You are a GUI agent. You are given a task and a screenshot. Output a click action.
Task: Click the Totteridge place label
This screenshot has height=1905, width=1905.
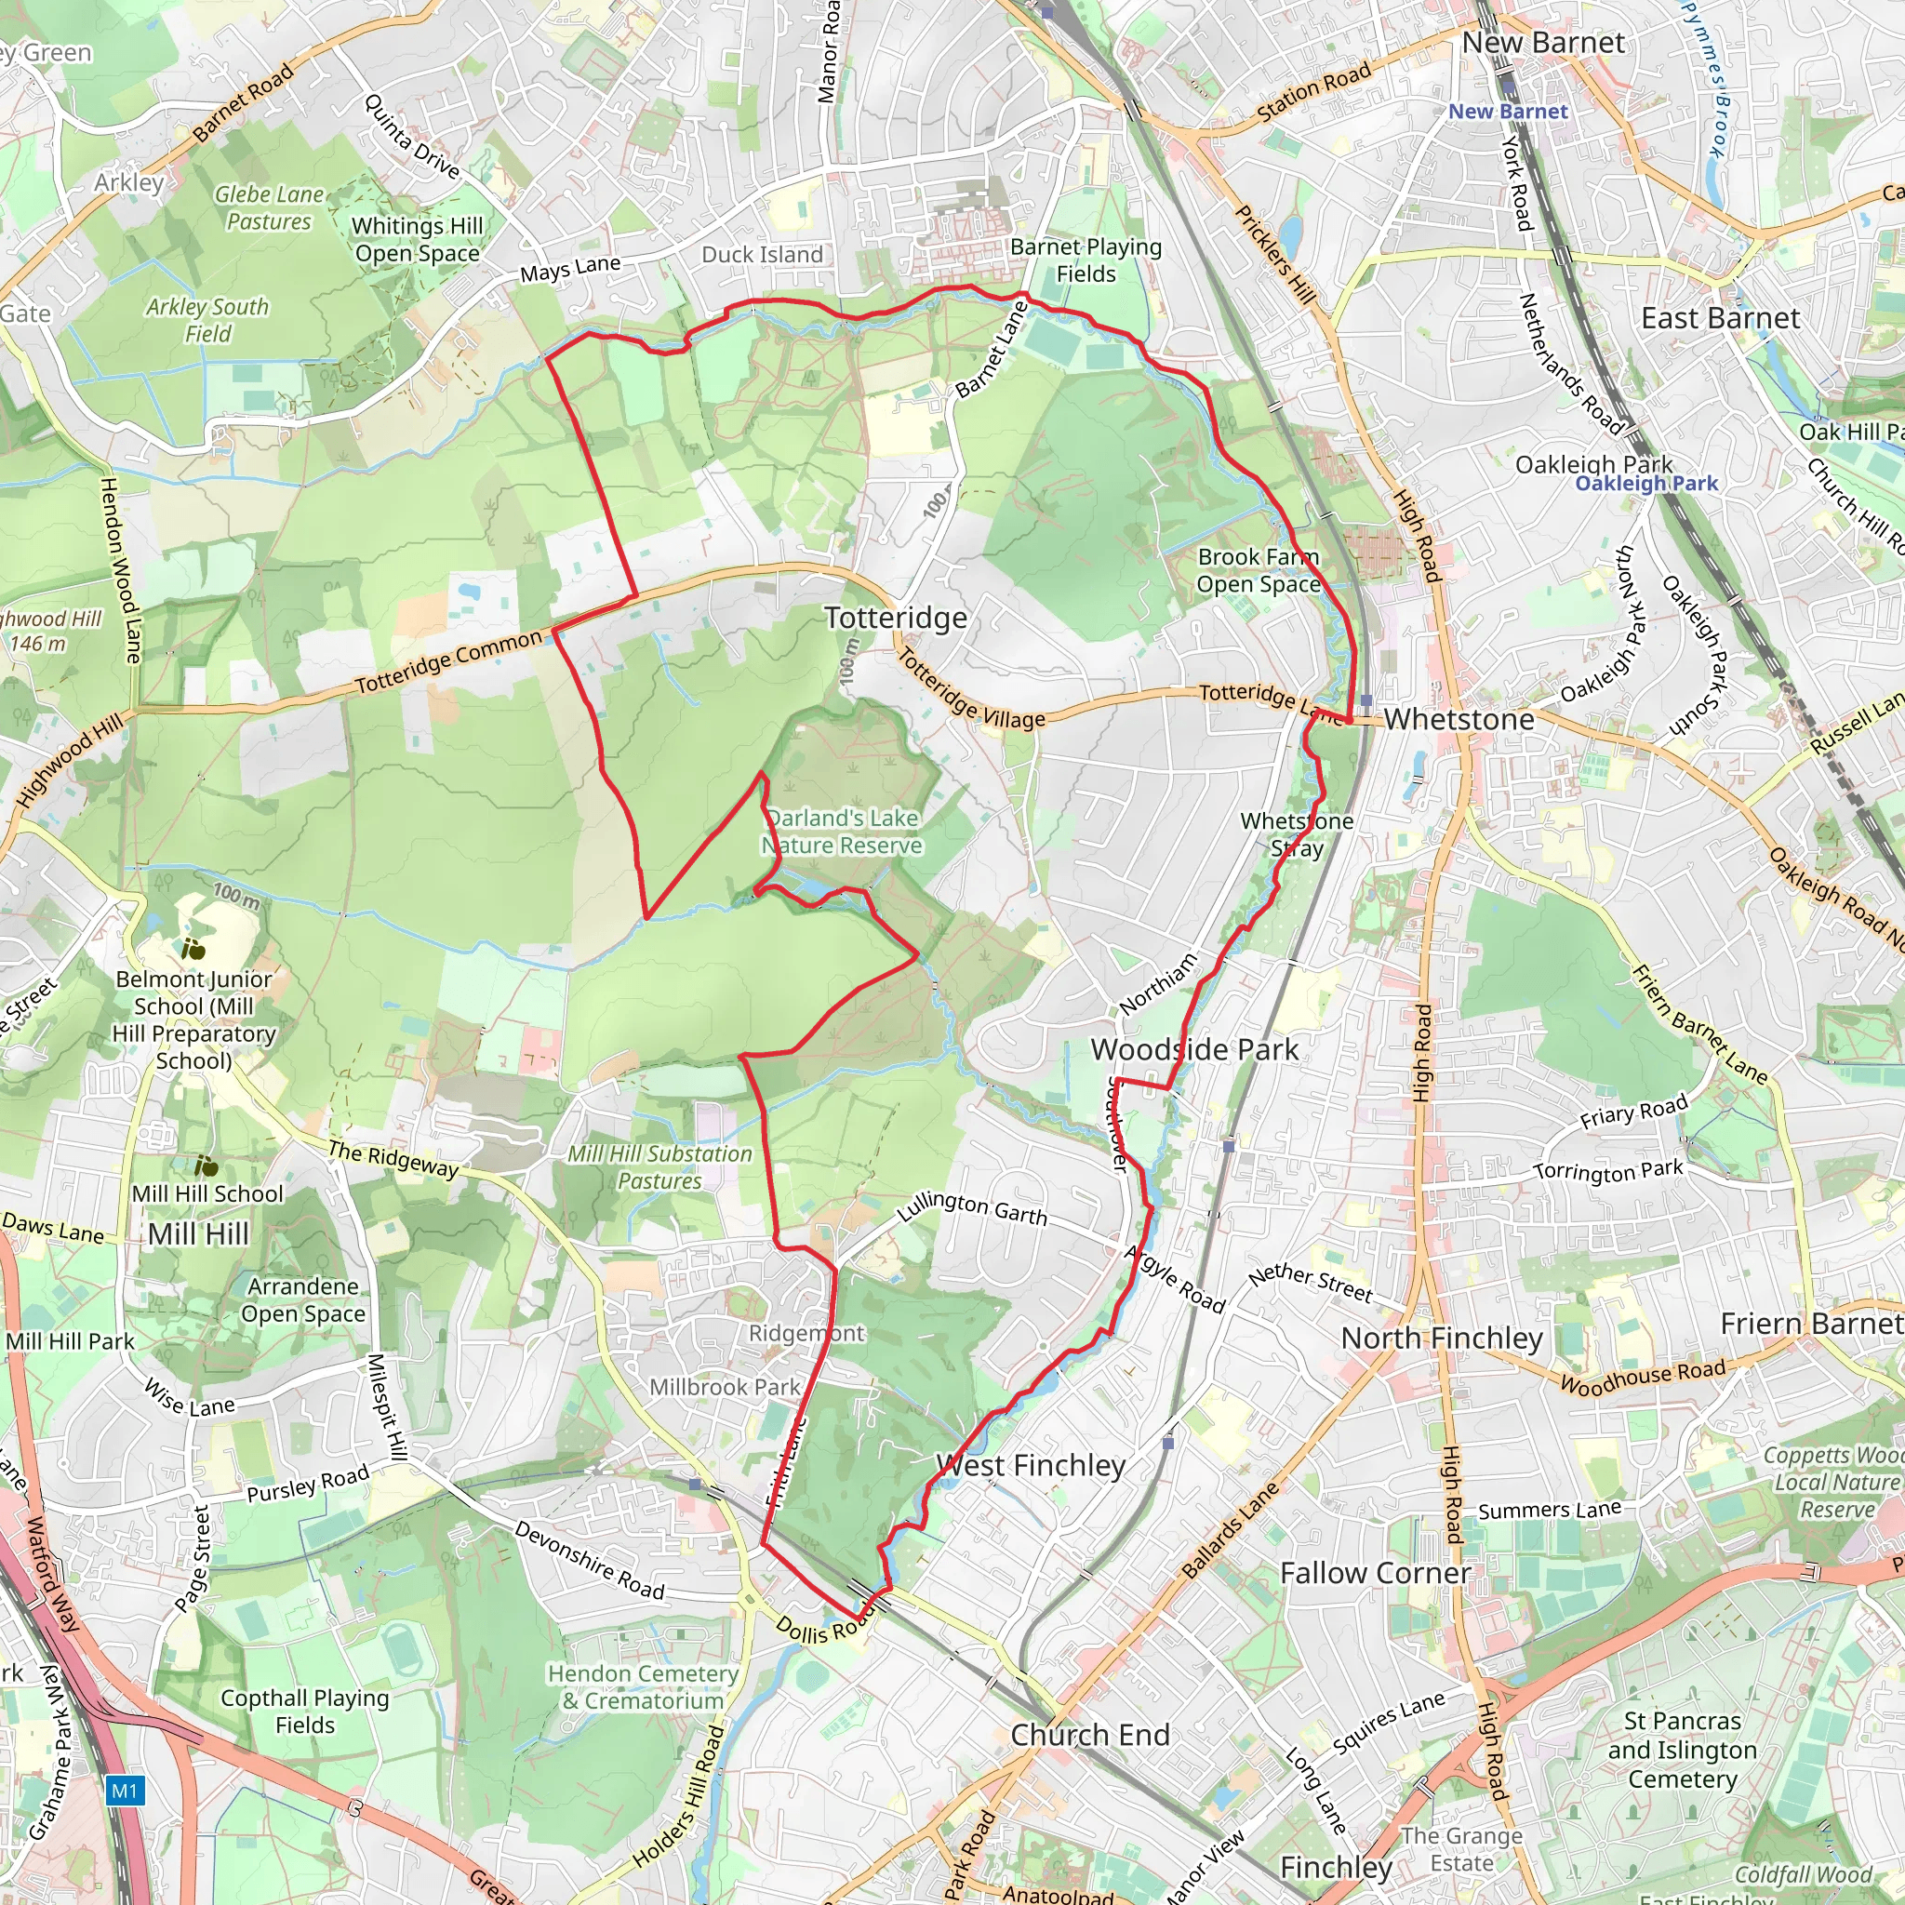click(896, 619)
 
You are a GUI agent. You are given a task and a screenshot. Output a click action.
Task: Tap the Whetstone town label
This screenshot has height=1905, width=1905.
click(1459, 720)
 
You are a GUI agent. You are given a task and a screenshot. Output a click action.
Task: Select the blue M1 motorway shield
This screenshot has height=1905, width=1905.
click(125, 1790)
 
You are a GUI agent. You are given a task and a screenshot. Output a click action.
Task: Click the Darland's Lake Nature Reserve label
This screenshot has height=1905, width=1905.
click(842, 832)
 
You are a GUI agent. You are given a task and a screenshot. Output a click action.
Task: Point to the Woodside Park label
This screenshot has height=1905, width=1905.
click(1194, 1049)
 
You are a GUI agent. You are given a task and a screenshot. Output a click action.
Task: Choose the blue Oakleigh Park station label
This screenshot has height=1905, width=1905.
click(1645, 483)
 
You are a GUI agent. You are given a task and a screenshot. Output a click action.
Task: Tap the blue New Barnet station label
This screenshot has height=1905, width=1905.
click(1507, 112)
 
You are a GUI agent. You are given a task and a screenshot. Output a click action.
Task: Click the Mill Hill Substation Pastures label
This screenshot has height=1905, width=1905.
click(659, 1166)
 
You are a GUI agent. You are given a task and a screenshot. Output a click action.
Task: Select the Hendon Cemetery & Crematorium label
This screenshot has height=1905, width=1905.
click(643, 1686)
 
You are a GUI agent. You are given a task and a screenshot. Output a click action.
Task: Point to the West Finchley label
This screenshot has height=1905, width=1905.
click(1031, 1465)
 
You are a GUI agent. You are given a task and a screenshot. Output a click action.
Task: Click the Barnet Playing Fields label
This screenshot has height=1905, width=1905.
click(1086, 260)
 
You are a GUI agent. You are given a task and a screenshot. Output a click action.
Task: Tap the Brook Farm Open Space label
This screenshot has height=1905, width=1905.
click(1258, 570)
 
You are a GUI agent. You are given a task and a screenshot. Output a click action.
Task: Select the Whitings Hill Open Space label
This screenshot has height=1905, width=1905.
click(417, 240)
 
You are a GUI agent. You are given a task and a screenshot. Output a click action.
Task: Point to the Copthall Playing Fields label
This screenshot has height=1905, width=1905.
click(305, 1711)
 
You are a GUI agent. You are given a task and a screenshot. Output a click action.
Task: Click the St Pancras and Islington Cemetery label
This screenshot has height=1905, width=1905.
click(1682, 1750)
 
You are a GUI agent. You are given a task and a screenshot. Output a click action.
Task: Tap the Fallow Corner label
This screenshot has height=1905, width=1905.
click(1375, 1573)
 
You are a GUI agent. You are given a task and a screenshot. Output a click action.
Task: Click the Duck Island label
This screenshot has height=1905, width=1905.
click(761, 254)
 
